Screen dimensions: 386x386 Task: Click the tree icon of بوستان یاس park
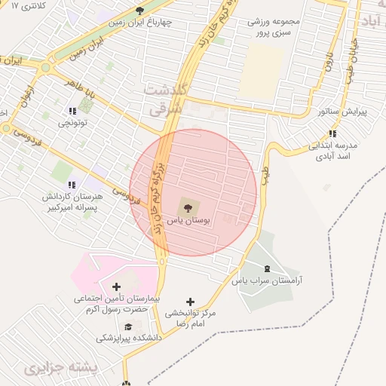pos(185,205)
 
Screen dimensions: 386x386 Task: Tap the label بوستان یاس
pos(185,221)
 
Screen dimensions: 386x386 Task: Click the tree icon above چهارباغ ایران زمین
pos(139,9)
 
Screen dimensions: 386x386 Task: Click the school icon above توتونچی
pos(72,110)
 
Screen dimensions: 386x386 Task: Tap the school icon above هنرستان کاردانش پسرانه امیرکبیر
pos(72,184)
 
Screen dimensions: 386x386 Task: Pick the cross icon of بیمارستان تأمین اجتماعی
pos(116,286)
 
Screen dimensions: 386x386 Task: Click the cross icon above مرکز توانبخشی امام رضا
pos(189,301)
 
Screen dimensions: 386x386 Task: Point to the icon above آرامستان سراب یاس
pos(265,268)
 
